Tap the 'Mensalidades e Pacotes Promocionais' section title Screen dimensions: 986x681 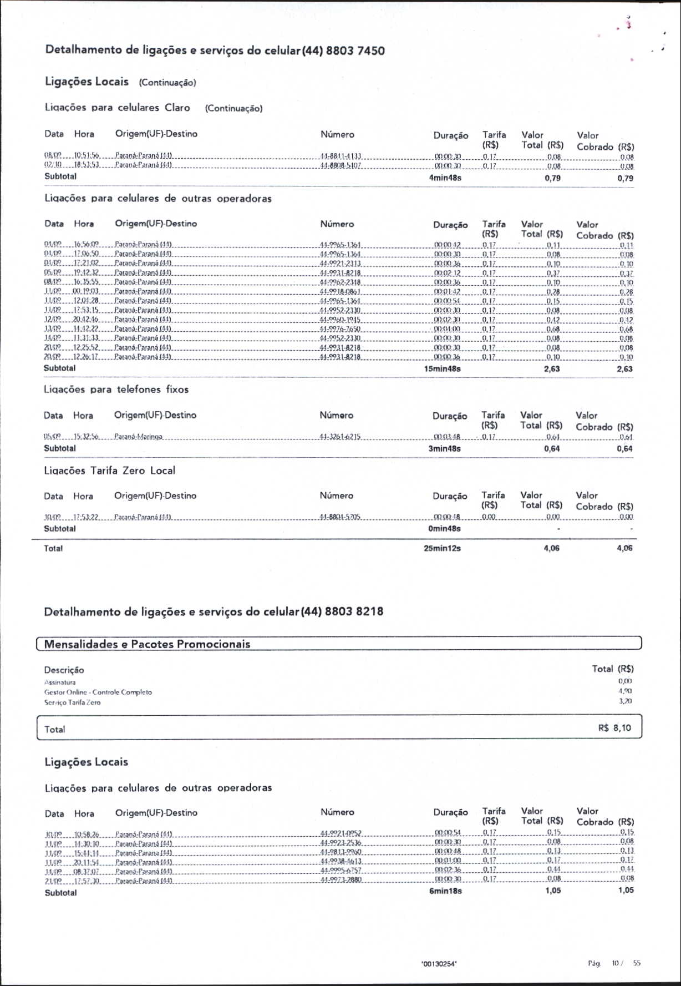coord(147,644)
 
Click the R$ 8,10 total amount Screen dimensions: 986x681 coord(614,727)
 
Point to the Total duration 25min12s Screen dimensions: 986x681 coord(442,548)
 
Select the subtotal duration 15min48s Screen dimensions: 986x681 coord(442,368)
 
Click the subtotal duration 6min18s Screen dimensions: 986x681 coord(445,891)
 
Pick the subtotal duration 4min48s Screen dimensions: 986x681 coord(445,178)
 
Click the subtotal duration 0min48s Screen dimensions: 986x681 coord(444,529)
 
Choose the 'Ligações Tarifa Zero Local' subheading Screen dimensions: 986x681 coord(109,471)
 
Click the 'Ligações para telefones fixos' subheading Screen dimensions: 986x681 coord(116,390)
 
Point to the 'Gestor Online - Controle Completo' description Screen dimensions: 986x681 coord(98,692)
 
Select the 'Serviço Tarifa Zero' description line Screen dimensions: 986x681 coord(72,702)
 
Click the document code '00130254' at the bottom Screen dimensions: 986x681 coord(439,964)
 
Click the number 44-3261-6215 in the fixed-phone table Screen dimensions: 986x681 coord(340,437)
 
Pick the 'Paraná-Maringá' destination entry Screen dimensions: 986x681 coord(138,437)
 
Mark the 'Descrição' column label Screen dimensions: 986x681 coord(64,670)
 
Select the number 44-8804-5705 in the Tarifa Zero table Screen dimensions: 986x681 coord(340,517)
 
